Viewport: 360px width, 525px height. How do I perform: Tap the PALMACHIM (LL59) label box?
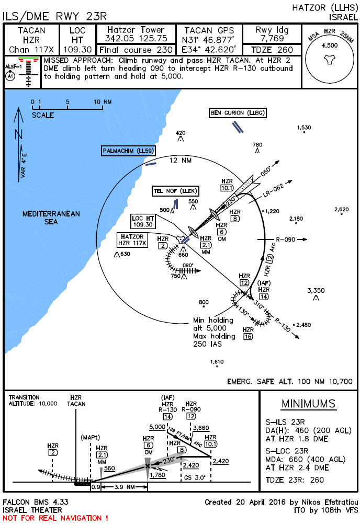tap(128, 151)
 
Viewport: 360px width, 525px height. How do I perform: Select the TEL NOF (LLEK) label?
tap(175, 191)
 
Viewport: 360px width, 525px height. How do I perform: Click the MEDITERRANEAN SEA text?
tap(51, 218)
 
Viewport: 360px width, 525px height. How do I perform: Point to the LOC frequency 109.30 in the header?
tap(77, 49)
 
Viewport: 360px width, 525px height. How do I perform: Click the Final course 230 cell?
tap(136, 50)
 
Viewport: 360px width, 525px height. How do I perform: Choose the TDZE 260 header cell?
tap(271, 50)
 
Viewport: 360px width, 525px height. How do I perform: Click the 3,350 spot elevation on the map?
tap(316, 290)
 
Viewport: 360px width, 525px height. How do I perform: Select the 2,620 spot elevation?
tap(341, 210)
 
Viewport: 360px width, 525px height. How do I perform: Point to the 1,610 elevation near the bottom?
tap(217, 362)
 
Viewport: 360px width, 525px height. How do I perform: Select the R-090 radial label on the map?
tap(286, 240)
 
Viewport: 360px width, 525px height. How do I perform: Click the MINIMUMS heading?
tap(308, 404)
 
